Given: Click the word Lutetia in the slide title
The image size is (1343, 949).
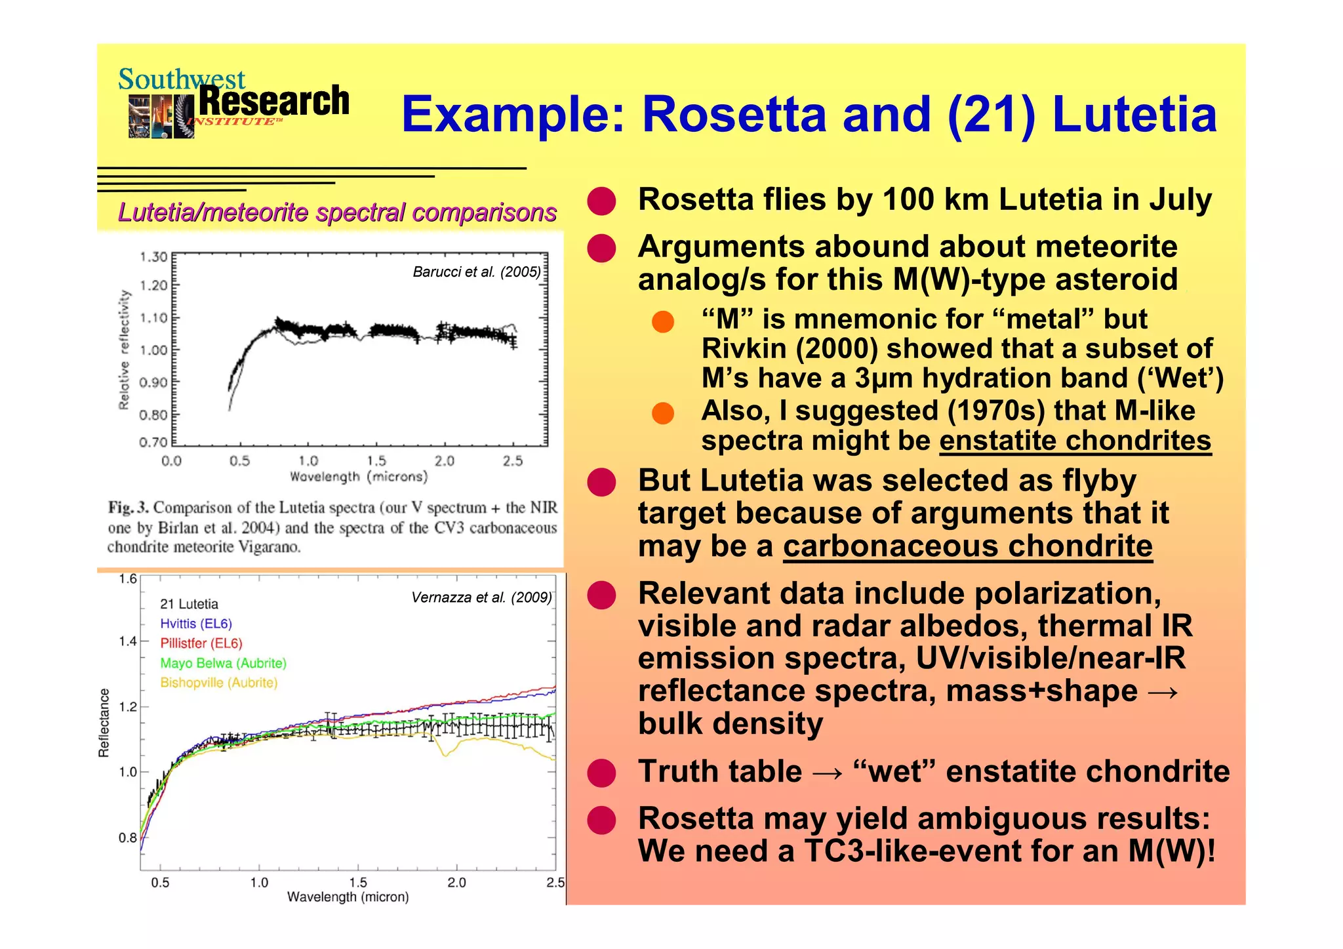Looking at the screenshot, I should click(x=1134, y=115).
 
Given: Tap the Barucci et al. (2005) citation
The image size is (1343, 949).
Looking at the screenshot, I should click(x=477, y=272).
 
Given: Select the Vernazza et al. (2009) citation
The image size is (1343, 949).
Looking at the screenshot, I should click(x=481, y=597).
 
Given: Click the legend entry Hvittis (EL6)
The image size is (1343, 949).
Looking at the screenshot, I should click(x=196, y=624).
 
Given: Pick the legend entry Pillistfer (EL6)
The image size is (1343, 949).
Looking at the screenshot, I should click(x=201, y=643).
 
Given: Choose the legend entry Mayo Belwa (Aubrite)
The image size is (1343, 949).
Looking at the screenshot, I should click(x=223, y=663).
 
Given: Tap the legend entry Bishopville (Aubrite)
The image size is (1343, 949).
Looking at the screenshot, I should click(x=219, y=683).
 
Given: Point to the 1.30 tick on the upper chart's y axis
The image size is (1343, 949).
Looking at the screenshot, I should click(x=153, y=257).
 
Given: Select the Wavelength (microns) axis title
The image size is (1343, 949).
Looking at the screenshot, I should click(x=359, y=477).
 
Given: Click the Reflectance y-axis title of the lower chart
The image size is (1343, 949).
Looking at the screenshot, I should click(x=104, y=723).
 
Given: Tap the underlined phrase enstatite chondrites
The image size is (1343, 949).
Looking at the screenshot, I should click(x=1075, y=441).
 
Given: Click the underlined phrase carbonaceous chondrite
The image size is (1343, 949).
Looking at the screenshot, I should click(x=967, y=546).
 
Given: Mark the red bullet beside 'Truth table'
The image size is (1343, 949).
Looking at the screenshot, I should click(x=601, y=773).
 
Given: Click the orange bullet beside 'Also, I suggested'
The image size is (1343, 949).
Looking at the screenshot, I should click(x=663, y=413).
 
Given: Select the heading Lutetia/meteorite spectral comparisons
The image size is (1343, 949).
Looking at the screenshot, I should click(x=337, y=212).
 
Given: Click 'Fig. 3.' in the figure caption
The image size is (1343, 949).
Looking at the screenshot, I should click(x=129, y=508).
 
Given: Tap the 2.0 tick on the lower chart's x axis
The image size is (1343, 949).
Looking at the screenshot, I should click(x=456, y=883).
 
